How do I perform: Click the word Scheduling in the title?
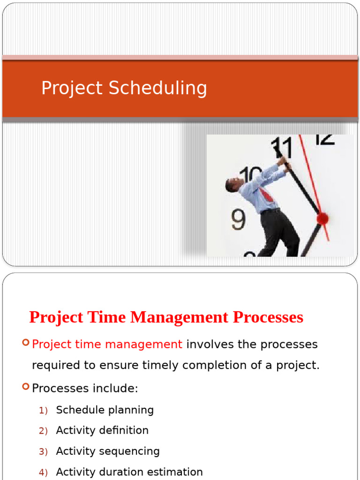pos(158,88)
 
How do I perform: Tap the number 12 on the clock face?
pos(324,139)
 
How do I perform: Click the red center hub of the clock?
pos(322,218)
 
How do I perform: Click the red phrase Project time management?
pos(107,345)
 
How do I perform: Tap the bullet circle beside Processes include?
pos(26,387)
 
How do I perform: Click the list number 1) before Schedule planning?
pos(44,410)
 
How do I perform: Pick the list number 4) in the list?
pos(44,472)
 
